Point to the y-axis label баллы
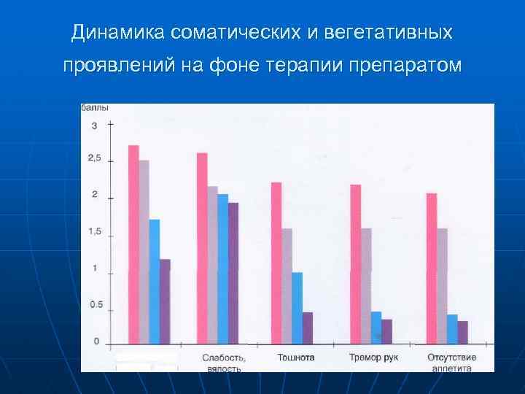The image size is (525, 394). coord(95,108)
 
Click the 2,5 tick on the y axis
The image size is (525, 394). coord(95,158)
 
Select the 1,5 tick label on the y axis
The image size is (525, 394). coord(95,231)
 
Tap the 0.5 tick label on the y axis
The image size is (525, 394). coord(96,305)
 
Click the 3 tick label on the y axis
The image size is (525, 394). coord(93,125)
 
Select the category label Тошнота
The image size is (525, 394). coord(296,358)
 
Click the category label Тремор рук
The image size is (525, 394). coord(373,358)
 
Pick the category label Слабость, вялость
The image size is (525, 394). coord(223,363)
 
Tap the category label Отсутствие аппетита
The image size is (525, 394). coord(452,363)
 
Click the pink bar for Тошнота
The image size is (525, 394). coord(276,263)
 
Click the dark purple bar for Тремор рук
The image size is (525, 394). coord(386,331)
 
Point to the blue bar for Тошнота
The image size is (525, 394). coord(297,307)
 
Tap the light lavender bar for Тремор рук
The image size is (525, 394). coord(366,285)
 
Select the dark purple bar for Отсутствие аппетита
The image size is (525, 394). coord(462,331)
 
